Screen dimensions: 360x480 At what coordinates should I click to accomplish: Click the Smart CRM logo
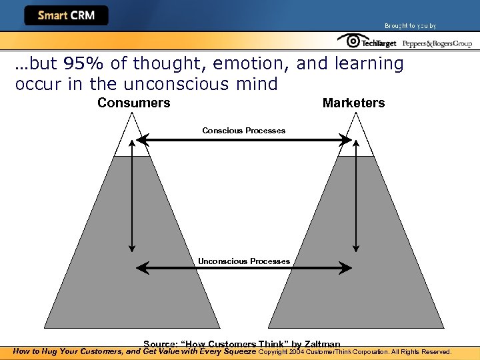point(66,15)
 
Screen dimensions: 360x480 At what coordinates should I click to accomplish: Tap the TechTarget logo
point(367,42)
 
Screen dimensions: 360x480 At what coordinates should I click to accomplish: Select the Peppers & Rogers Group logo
point(437,43)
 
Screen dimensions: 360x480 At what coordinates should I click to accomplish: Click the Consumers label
point(133,103)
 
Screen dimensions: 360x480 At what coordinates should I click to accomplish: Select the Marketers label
point(353,103)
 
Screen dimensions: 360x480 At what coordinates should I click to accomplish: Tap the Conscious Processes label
point(243,131)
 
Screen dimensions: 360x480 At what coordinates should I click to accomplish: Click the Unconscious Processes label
point(243,261)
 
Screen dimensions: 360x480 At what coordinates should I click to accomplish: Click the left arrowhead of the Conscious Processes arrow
point(140,140)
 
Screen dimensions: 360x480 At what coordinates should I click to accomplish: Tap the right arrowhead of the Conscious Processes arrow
point(347,140)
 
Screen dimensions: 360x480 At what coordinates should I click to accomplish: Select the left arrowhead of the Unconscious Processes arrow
point(140,268)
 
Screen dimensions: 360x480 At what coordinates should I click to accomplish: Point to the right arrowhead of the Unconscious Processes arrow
point(347,268)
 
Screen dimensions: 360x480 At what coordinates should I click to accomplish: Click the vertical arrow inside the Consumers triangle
point(133,200)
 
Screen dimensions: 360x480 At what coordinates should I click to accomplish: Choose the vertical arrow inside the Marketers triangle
point(357,200)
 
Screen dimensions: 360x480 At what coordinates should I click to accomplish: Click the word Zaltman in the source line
point(322,344)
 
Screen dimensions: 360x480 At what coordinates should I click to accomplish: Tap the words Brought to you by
point(410,26)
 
